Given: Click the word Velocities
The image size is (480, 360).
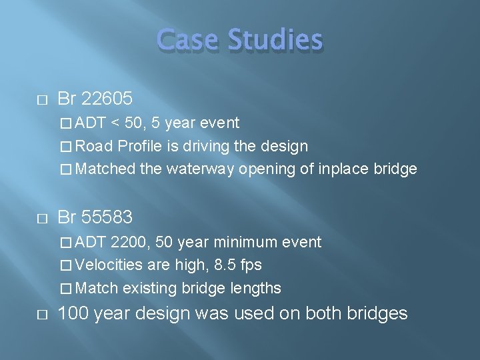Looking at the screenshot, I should coord(109,265).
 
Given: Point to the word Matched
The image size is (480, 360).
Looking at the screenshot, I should coord(105,169).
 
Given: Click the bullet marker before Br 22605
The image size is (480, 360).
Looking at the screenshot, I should coord(41,100).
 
